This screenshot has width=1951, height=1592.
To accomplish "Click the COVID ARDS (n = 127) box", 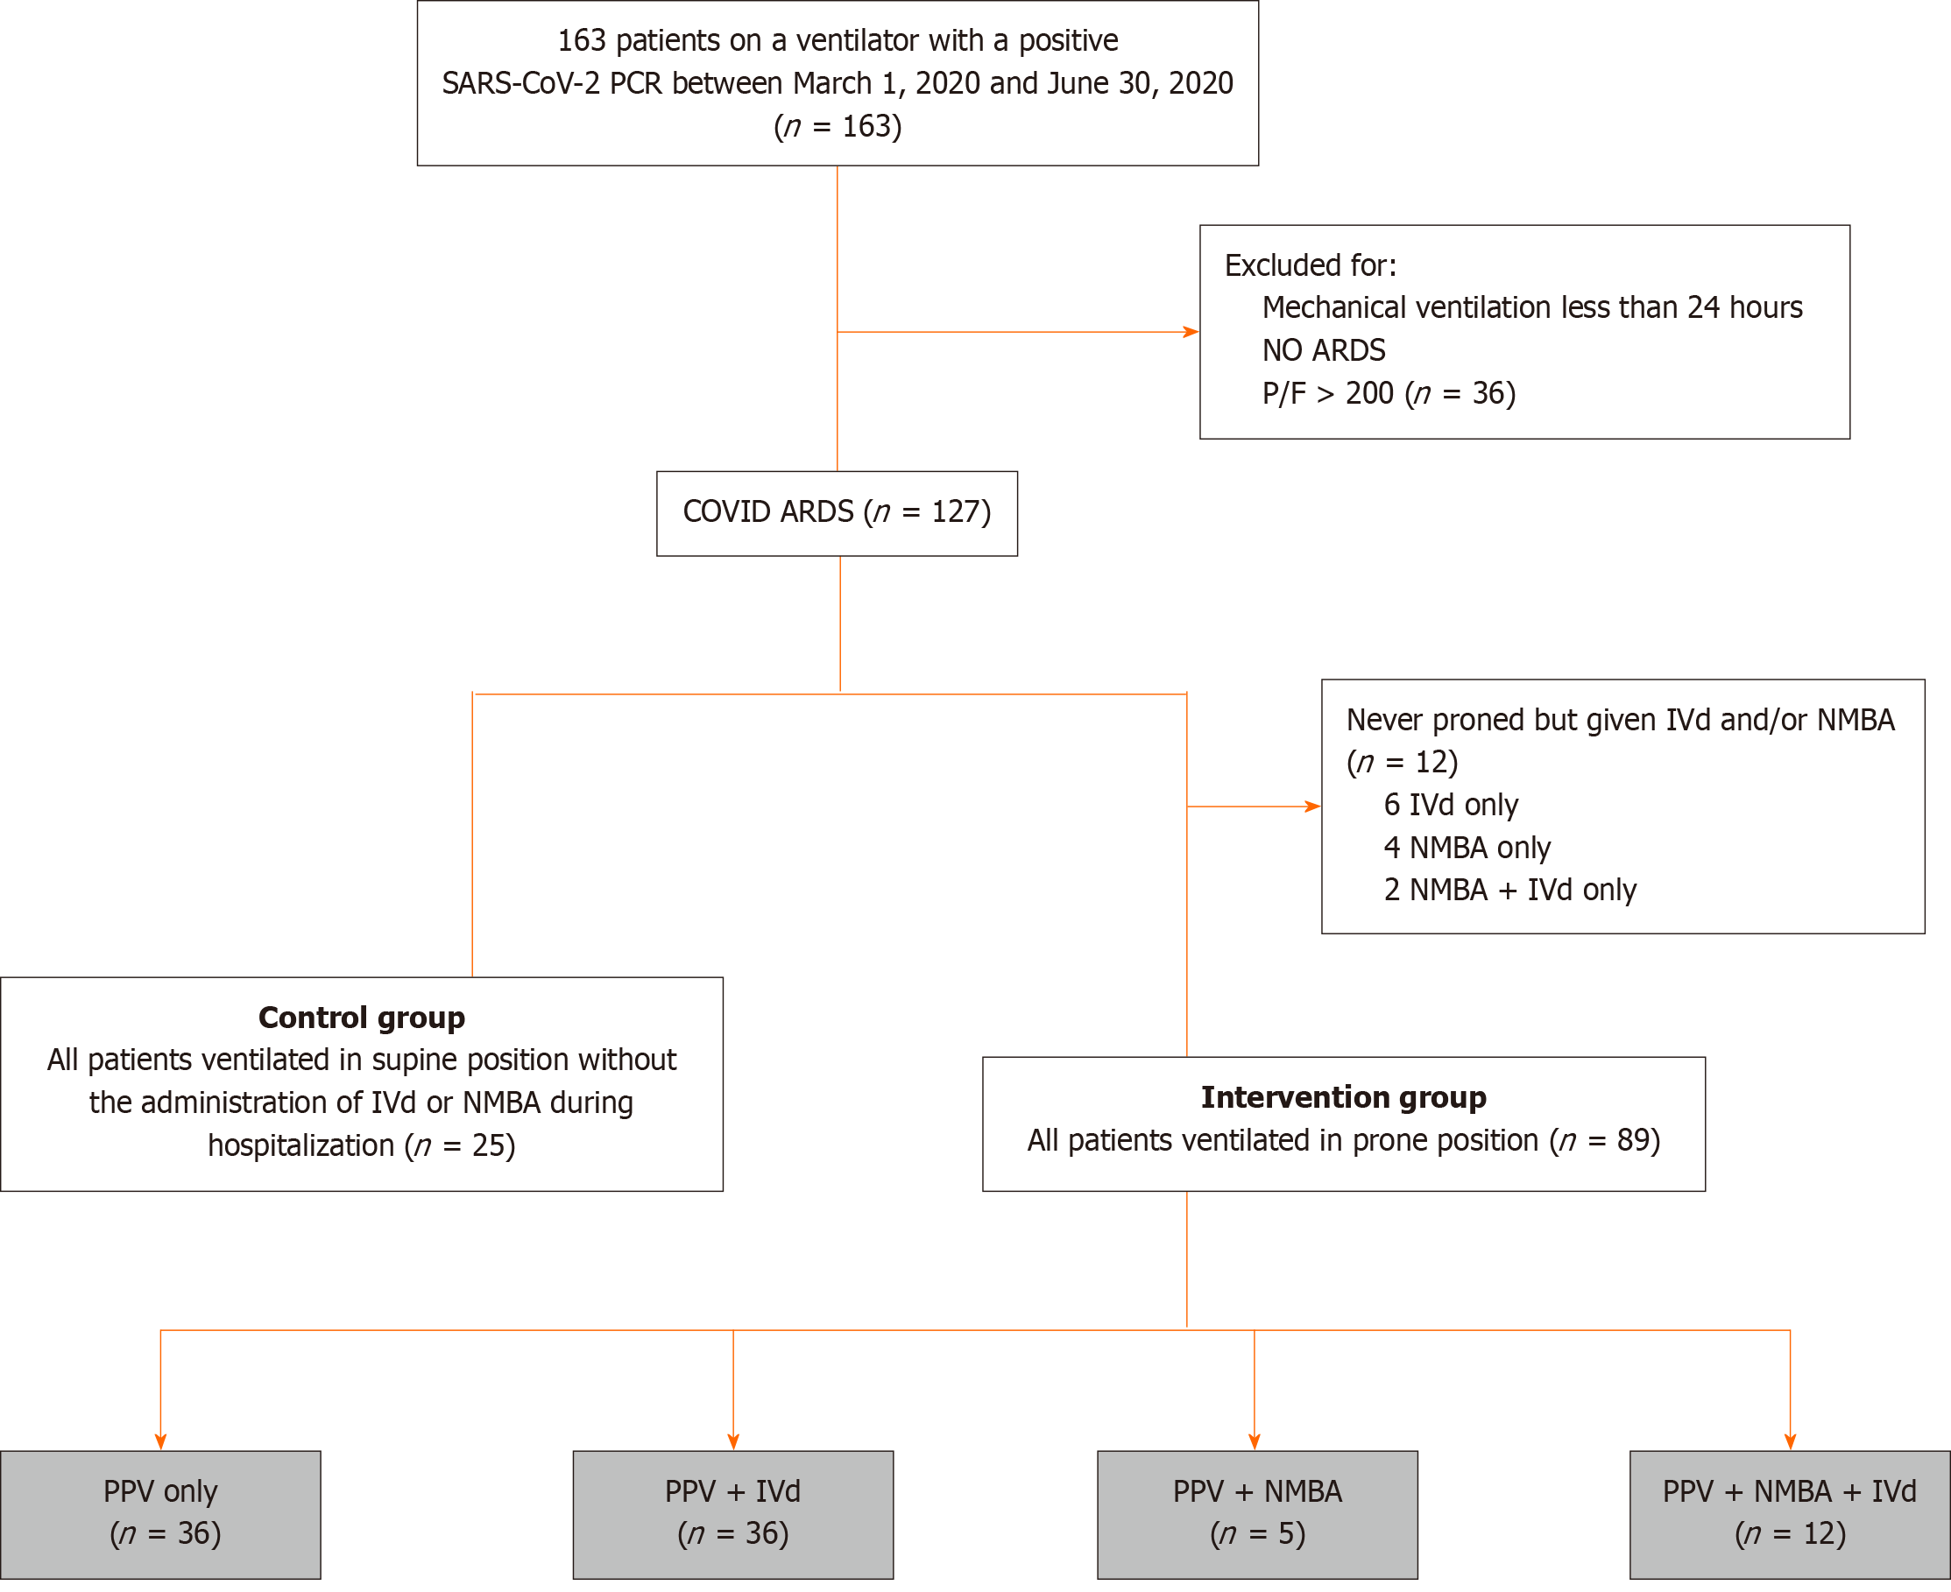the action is pyautogui.click(x=837, y=513).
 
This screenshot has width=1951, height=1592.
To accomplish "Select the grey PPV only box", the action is pyautogui.click(x=160, y=1515).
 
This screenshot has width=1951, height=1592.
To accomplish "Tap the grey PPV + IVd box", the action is pyautogui.click(x=733, y=1515).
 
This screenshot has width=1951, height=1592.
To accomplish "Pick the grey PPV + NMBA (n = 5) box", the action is pyautogui.click(x=1257, y=1515).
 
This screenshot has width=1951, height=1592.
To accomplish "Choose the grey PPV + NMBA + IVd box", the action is pyautogui.click(x=1790, y=1515).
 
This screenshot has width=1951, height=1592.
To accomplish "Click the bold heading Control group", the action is pyautogui.click(x=362, y=1018).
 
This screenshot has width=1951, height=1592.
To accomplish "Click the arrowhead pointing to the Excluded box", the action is pyautogui.click(x=1191, y=332).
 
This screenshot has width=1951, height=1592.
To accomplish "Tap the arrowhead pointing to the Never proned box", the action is pyautogui.click(x=1312, y=807).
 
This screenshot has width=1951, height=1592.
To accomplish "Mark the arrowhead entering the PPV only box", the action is pyautogui.click(x=160, y=1442).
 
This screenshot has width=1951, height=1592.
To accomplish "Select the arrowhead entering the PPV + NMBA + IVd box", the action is pyautogui.click(x=1790, y=1442).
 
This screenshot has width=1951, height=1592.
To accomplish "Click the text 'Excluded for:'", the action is pyautogui.click(x=1311, y=266).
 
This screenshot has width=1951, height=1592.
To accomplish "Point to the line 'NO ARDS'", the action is pyautogui.click(x=1324, y=350).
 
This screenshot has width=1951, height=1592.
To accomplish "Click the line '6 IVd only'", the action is pyautogui.click(x=1451, y=805).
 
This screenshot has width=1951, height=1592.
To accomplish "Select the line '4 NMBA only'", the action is pyautogui.click(x=1467, y=849).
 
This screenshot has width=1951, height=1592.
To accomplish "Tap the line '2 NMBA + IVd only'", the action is pyautogui.click(x=1510, y=891).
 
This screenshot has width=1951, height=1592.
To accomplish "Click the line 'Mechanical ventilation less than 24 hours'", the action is pyautogui.click(x=1533, y=308).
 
